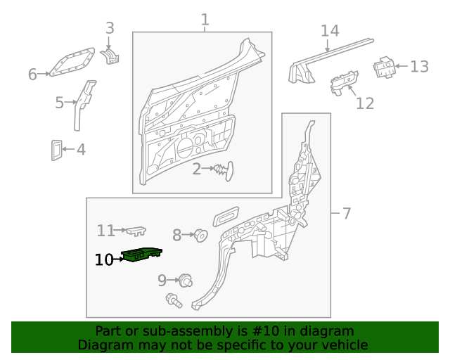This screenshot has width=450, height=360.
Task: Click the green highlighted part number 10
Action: [142, 255]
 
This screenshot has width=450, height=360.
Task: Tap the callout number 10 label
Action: [103, 260]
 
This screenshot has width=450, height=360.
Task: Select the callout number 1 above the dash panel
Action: [205, 20]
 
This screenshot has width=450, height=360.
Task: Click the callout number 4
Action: [81, 149]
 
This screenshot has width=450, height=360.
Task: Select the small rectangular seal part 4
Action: [56, 150]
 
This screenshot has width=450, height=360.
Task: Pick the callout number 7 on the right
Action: [345, 213]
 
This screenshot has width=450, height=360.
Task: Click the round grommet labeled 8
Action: [199, 235]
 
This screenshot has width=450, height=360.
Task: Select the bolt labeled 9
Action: [186, 280]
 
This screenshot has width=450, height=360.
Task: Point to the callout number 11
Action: [105, 231]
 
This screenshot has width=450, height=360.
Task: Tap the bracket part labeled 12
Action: [344, 82]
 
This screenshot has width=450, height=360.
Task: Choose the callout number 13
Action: [419, 67]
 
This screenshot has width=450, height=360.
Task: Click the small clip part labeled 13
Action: [383, 67]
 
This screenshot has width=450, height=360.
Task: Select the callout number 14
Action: [330, 31]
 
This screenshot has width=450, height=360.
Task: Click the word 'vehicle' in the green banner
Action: [341, 345]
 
